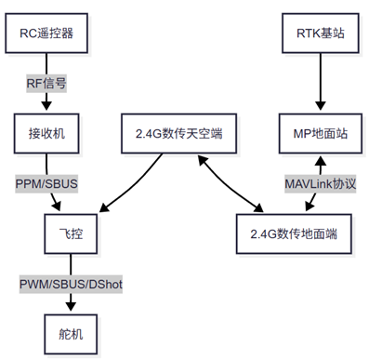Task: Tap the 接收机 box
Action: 46,133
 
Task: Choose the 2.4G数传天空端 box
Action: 180,133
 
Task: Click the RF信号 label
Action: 46,83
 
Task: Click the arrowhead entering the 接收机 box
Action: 46,110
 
